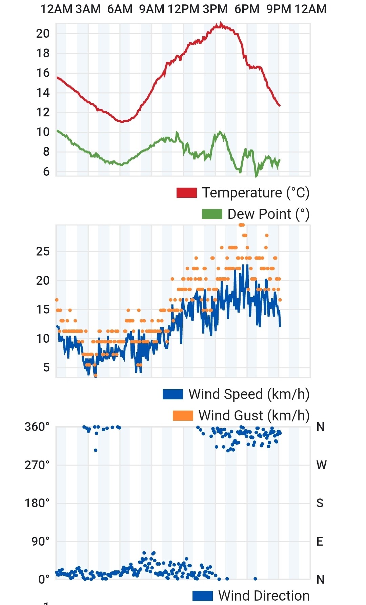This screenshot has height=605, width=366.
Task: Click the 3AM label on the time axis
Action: coord(88,9)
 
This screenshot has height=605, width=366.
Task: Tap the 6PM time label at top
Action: coord(247,9)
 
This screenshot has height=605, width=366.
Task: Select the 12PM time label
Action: coord(183,9)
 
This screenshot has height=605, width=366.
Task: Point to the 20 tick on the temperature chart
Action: coord(43,34)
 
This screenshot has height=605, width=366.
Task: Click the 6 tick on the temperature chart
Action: coord(46,172)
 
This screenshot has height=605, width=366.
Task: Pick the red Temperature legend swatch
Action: coord(186,193)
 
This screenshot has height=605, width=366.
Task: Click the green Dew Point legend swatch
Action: coord(212,214)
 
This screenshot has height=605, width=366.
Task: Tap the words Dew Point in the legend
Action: coord(259,214)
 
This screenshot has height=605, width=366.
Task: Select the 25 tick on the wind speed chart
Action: coord(43,252)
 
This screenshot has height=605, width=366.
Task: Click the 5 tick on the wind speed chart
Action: coord(46,367)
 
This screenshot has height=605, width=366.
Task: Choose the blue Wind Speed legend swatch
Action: coord(172,394)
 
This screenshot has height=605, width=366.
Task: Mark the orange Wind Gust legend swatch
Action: coord(183,416)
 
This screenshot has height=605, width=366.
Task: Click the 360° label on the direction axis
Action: coord(37,427)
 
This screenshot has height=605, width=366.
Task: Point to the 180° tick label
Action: coord(37,503)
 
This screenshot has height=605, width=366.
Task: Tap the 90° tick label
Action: coord(40,542)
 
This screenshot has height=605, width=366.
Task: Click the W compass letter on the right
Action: coord(321,465)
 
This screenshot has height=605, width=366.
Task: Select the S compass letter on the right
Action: coord(320,503)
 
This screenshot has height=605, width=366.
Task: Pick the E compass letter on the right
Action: coord(320,542)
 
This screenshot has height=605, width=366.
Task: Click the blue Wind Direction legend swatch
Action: coord(202,596)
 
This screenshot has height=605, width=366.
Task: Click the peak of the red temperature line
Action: coord(221,24)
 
